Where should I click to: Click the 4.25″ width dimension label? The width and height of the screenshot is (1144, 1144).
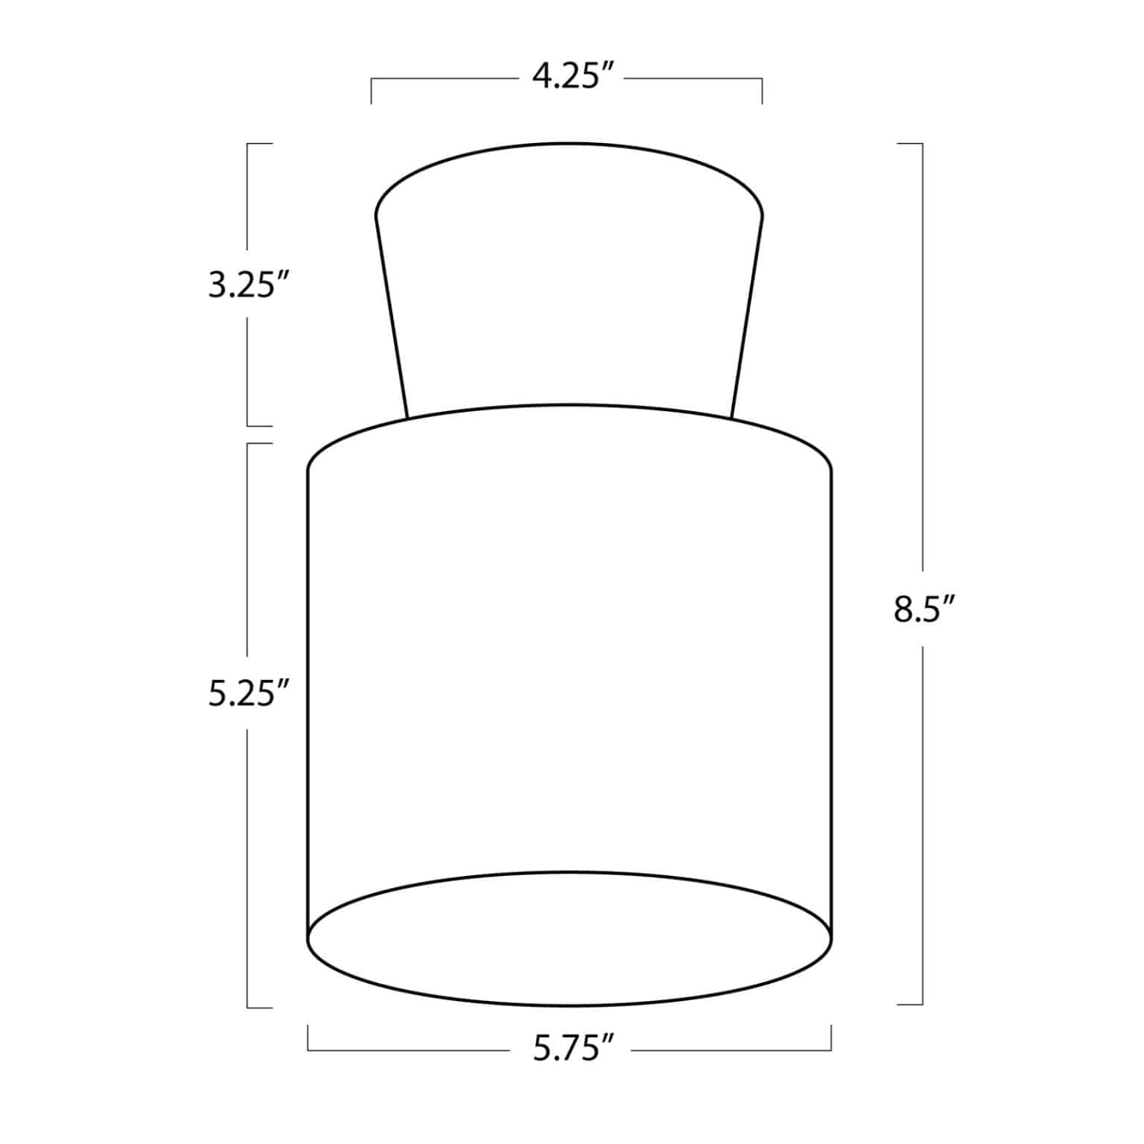[x=572, y=76]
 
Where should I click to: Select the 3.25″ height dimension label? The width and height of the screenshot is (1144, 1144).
[x=248, y=286]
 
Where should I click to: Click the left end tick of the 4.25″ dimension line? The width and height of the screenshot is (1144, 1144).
[x=372, y=90]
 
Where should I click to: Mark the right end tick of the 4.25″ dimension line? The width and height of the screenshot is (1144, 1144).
[x=762, y=90]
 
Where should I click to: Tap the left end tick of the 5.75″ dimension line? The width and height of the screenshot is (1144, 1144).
[x=308, y=1037]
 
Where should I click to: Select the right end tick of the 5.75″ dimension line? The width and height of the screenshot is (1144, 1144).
[x=831, y=1037]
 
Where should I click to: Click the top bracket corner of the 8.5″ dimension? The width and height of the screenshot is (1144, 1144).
[x=922, y=144]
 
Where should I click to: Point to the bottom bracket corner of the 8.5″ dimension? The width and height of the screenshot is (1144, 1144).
[x=922, y=1005]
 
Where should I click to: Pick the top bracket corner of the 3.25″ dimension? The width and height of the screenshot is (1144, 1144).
[x=248, y=144]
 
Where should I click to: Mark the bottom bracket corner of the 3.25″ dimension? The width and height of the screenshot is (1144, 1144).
[x=248, y=426]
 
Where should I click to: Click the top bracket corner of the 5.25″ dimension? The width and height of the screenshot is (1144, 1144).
[x=248, y=444]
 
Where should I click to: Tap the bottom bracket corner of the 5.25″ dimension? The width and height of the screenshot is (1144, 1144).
[x=248, y=1008]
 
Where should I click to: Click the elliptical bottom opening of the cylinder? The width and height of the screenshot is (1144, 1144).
[x=570, y=938]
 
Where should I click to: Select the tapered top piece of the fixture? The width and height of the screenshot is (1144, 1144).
[x=570, y=283]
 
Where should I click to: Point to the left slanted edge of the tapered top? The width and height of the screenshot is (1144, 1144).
[x=391, y=317]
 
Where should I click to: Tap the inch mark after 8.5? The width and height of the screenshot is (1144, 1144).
[x=947, y=600]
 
